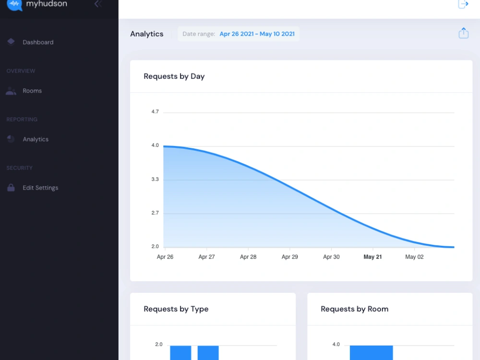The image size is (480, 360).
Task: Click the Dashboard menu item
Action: click(38, 42)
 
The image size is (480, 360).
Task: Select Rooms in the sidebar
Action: click(32, 91)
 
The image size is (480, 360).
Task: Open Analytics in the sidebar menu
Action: click(36, 139)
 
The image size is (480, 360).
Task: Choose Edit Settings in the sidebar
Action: click(40, 188)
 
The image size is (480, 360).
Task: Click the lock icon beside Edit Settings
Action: click(11, 188)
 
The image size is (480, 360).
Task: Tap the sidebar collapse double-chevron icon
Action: click(98, 4)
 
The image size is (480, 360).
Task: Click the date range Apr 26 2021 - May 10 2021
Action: click(257, 34)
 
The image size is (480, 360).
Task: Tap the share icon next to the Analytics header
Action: click(464, 33)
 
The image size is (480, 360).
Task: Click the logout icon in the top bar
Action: click(463, 4)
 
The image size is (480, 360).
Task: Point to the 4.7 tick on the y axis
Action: click(155, 112)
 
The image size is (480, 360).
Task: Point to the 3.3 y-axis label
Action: click(155, 180)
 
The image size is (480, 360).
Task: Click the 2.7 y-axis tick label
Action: click(155, 213)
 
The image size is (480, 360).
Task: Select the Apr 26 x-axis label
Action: click(165, 257)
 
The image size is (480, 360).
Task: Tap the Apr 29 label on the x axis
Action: click(289, 257)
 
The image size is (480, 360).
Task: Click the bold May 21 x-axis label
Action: click(372, 257)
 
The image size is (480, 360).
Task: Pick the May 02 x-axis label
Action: click(415, 257)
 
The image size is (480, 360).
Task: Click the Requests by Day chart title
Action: click(174, 76)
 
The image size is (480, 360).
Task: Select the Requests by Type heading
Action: click(176, 309)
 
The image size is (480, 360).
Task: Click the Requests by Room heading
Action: click(355, 309)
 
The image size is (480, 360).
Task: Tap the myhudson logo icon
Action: click(14, 5)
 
